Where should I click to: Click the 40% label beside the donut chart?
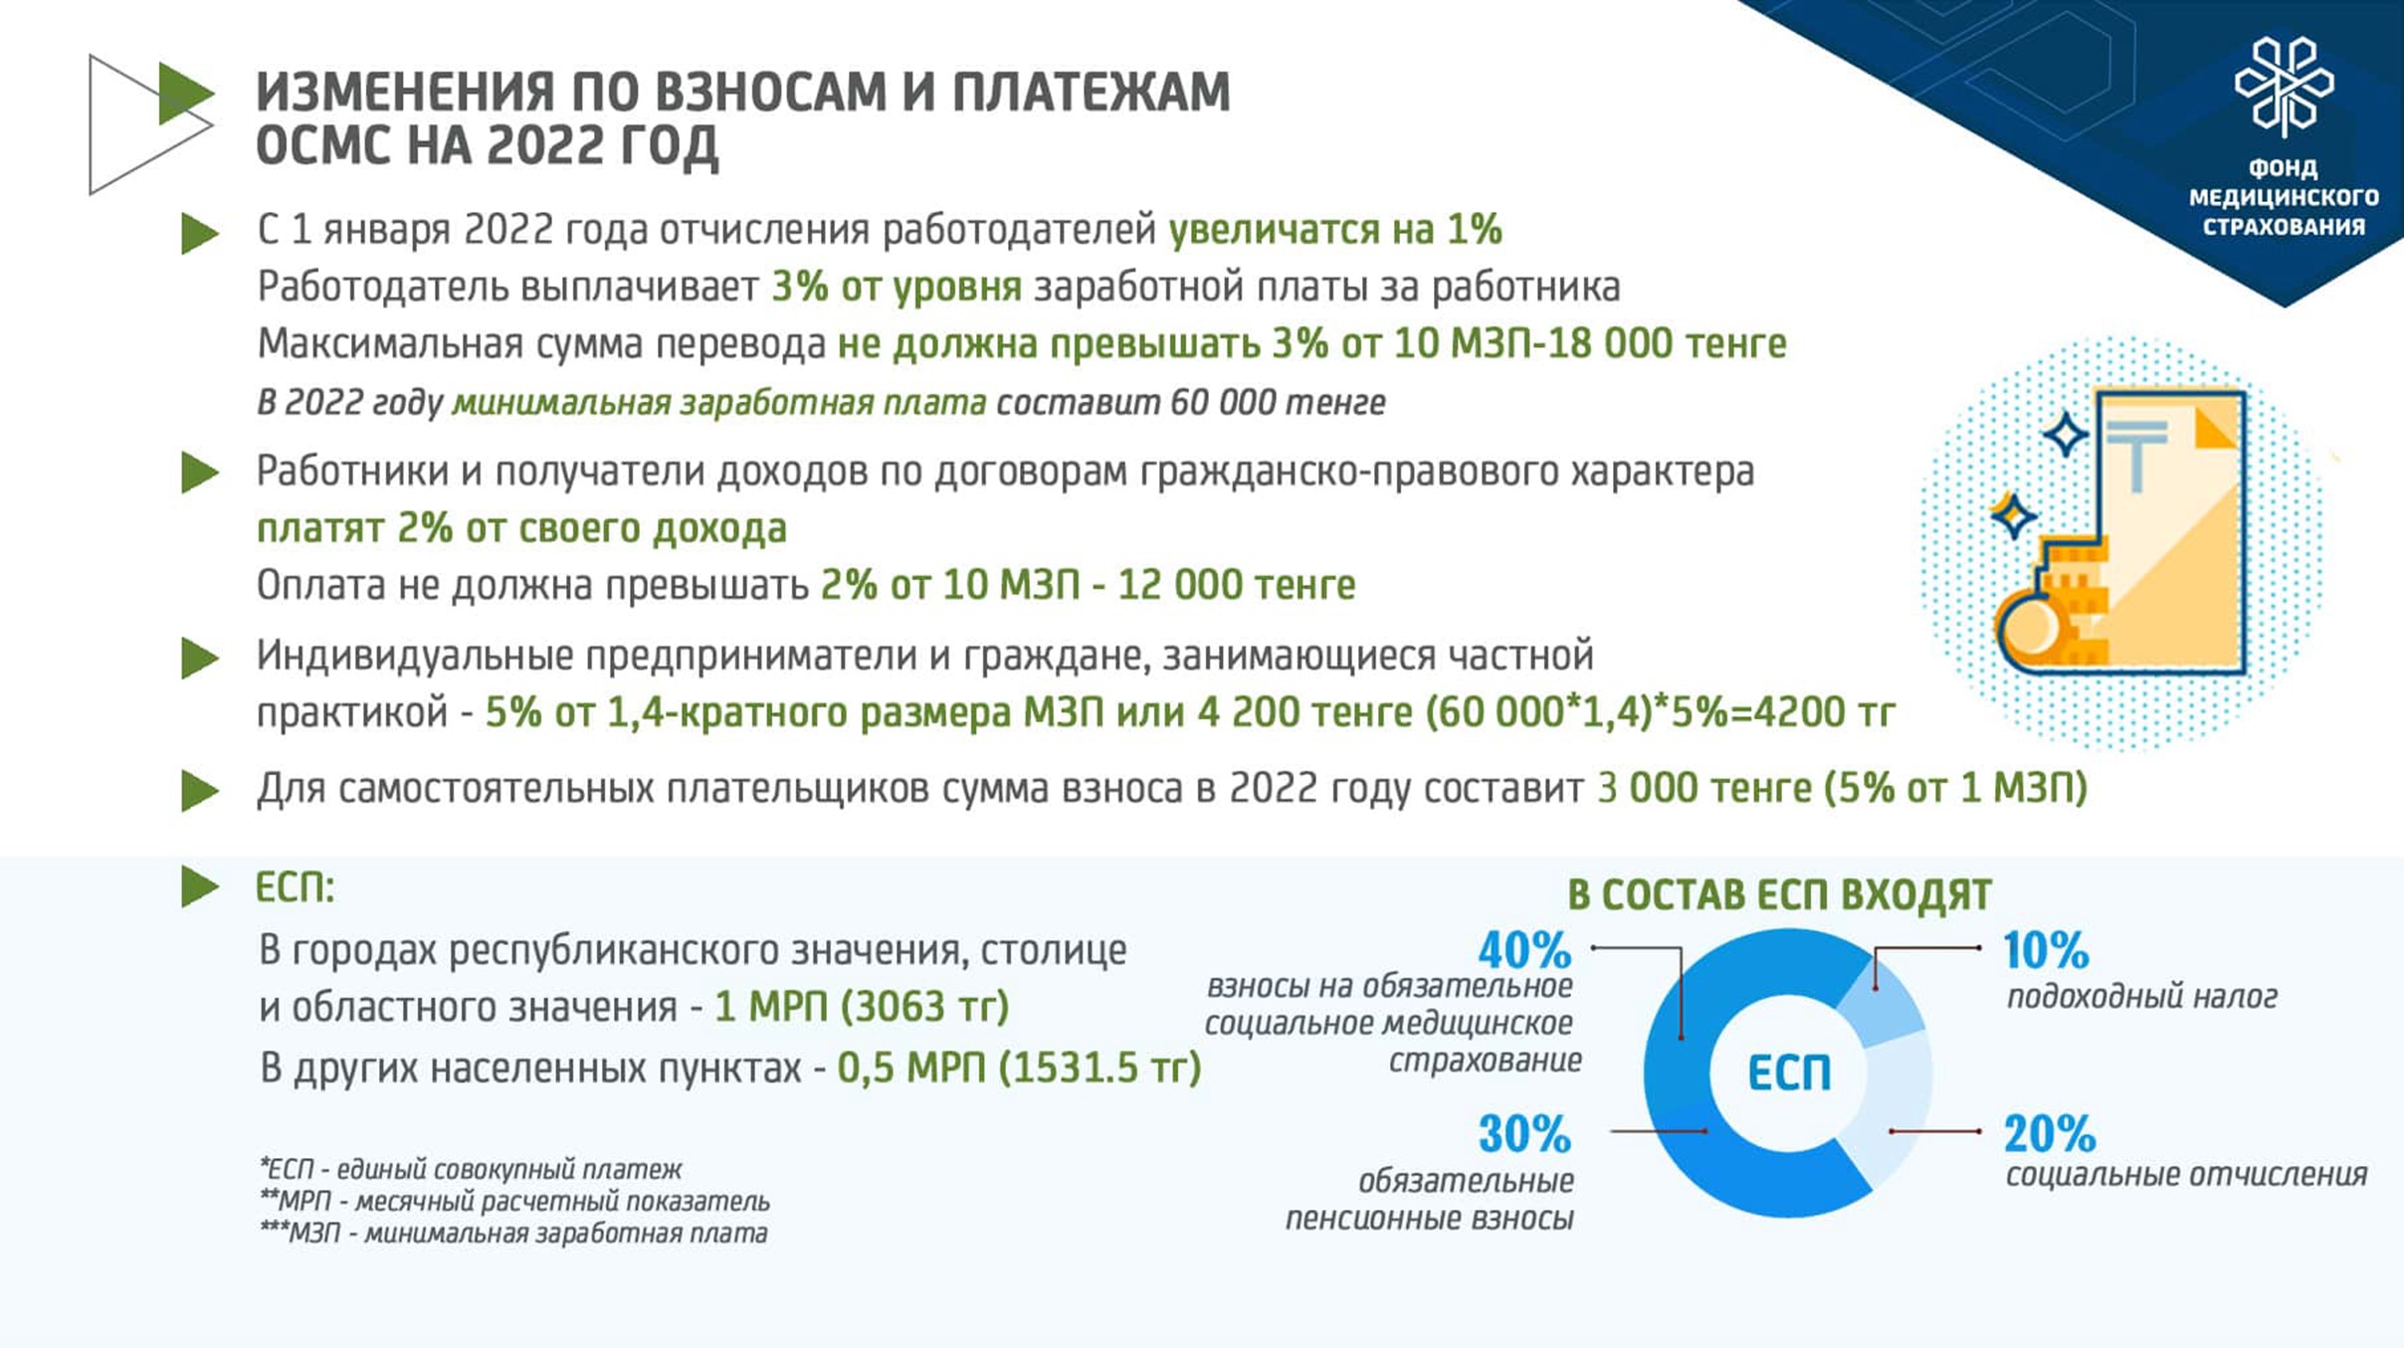[1524, 950]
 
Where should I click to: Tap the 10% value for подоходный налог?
[2046, 950]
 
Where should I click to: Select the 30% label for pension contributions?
[1524, 1134]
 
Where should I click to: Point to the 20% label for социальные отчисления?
[2050, 1134]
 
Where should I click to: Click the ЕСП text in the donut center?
[1789, 1073]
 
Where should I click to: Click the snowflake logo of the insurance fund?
[2284, 87]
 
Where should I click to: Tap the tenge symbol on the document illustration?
[2135, 454]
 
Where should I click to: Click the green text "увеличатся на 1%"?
[1334, 230]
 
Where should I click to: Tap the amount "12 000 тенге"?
[1237, 585]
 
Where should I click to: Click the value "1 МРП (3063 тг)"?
[862, 1008]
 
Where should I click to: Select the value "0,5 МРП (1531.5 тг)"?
[1019, 1068]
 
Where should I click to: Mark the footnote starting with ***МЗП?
[513, 1234]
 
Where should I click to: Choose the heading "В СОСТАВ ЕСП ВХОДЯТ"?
[1780, 894]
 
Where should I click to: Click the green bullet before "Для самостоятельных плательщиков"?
[200, 791]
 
